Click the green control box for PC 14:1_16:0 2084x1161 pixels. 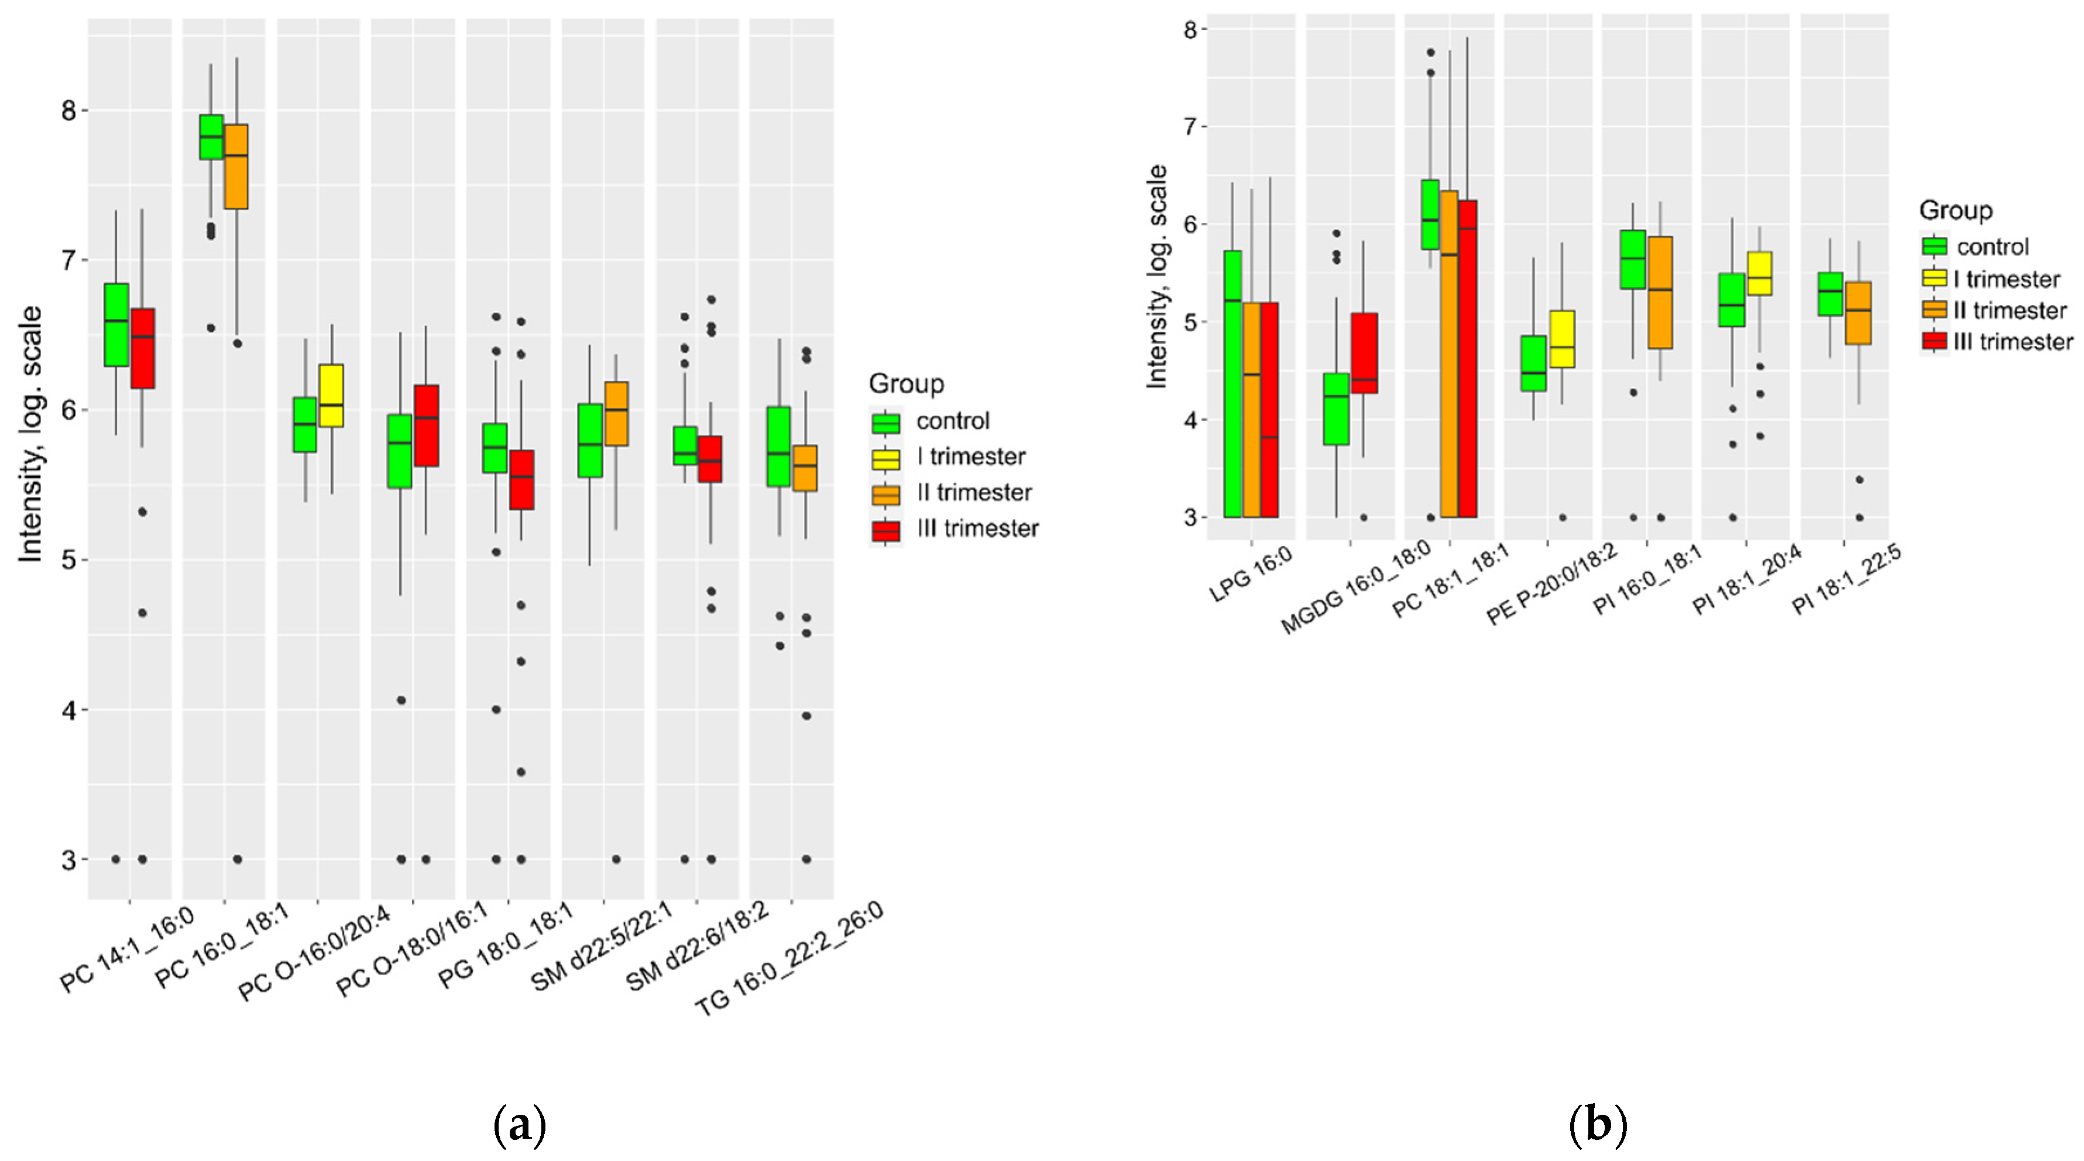(x=116, y=324)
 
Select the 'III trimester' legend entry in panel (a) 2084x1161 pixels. (x=977, y=529)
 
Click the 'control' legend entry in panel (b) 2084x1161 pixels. (x=1993, y=247)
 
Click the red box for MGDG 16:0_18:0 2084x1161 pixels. (x=1364, y=353)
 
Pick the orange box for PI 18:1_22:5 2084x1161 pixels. (x=1858, y=313)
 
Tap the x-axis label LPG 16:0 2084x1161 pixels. (x=1251, y=575)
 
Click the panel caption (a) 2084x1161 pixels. (x=519, y=1125)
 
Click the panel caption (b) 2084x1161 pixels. (x=1597, y=1125)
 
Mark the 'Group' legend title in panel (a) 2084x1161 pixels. (x=906, y=383)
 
